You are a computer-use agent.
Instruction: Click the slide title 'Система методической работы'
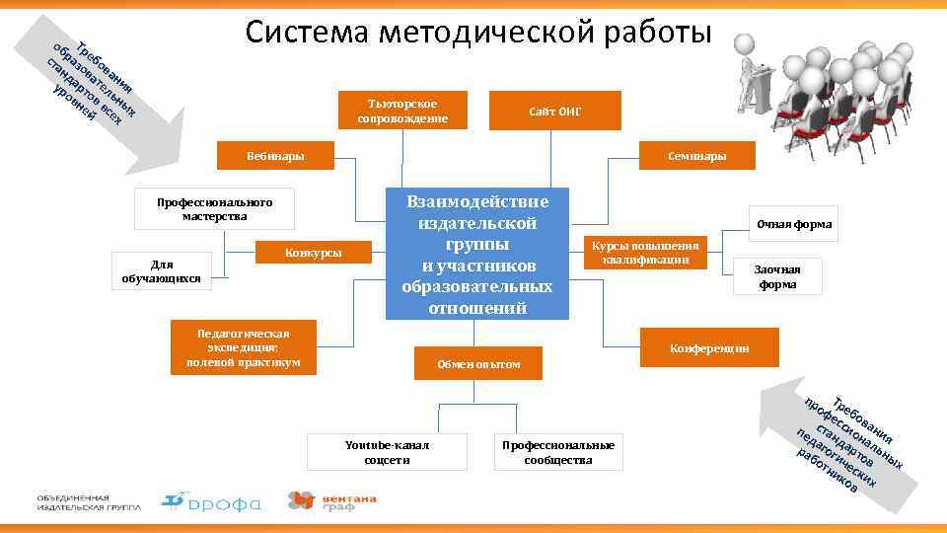(x=478, y=33)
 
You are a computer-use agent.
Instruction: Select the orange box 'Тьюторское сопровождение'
(x=401, y=111)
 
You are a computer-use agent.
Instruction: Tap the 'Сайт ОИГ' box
(x=555, y=111)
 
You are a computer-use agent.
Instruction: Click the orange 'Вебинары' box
(x=275, y=156)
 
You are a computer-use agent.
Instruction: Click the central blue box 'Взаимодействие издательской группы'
(x=477, y=253)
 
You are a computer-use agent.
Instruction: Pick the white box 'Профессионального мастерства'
(x=214, y=208)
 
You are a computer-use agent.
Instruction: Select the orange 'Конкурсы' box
(x=314, y=253)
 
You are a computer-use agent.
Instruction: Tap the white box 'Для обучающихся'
(x=161, y=270)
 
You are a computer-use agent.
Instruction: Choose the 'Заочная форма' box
(x=776, y=276)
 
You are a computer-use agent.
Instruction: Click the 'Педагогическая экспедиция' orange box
(x=243, y=347)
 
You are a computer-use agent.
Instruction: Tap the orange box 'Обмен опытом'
(x=478, y=364)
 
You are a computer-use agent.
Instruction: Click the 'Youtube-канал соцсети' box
(x=373, y=452)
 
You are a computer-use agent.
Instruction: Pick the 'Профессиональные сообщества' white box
(x=557, y=452)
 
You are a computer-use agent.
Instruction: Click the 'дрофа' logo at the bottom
(x=212, y=502)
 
